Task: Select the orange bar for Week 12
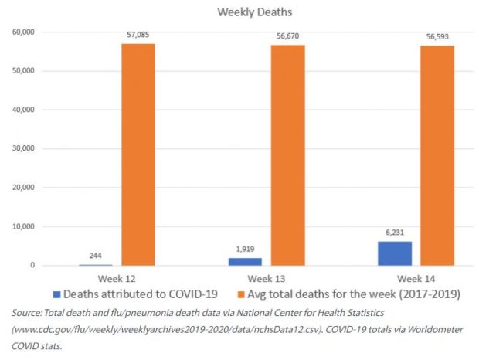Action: click(138, 155)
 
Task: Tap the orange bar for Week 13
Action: click(287, 155)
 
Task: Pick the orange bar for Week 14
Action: click(437, 155)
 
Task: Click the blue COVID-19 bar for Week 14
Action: click(395, 253)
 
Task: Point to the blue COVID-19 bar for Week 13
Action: click(246, 261)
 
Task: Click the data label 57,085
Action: click(138, 36)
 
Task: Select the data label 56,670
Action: click(287, 37)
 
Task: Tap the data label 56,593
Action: click(437, 37)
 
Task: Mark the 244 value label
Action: click(96, 256)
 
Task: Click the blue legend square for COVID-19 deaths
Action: click(59, 294)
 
